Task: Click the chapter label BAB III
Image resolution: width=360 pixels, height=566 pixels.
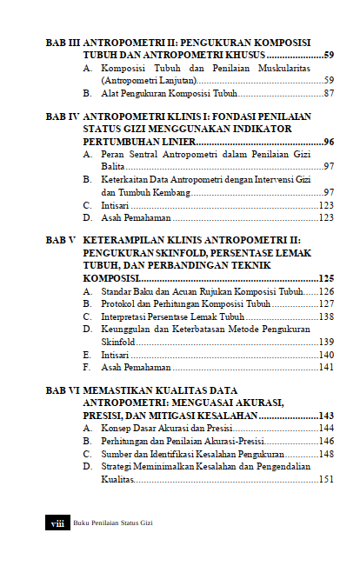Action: click(61, 42)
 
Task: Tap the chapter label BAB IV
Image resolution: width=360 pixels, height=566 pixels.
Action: click(60, 116)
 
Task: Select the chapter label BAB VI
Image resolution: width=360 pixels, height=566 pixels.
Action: click(61, 390)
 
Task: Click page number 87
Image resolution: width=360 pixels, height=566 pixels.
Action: click(329, 92)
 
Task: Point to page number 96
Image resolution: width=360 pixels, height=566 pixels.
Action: click(329, 141)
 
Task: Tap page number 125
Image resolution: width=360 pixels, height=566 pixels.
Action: click(326, 278)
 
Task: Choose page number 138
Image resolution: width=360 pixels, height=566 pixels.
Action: click(326, 317)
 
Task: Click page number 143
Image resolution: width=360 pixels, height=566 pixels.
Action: click(326, 416)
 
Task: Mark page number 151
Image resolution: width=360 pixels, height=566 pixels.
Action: click(326, 479)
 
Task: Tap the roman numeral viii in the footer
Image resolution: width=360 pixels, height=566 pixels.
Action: click(57, 523)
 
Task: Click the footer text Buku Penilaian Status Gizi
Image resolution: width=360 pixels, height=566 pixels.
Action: click(114, 523)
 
